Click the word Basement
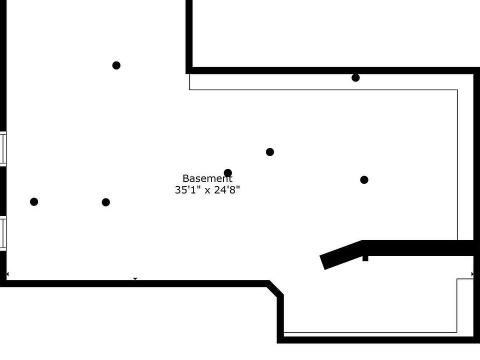(x=207, y=178)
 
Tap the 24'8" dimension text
(x=227, y=190)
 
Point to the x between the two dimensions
(x=207, y=191)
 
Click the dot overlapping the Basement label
(x=228, y=173)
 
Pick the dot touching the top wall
(x=355, y=78)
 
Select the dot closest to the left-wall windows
(x=34, y=201)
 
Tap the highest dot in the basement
(x=116, y=65)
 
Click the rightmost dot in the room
(x=364, y=179)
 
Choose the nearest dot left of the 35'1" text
(x=105, y=202)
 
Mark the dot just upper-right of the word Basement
(x=269, y=152)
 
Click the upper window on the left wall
(x=3, y=148)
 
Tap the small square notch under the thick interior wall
(x=365, y=258)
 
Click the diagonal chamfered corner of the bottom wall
(x=274, y=289)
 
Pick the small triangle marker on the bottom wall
(x=135, y=278)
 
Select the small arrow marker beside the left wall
(x=7, y=274)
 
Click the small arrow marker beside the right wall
(x=472, y=274)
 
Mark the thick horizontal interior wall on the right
(x=418, y=248)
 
